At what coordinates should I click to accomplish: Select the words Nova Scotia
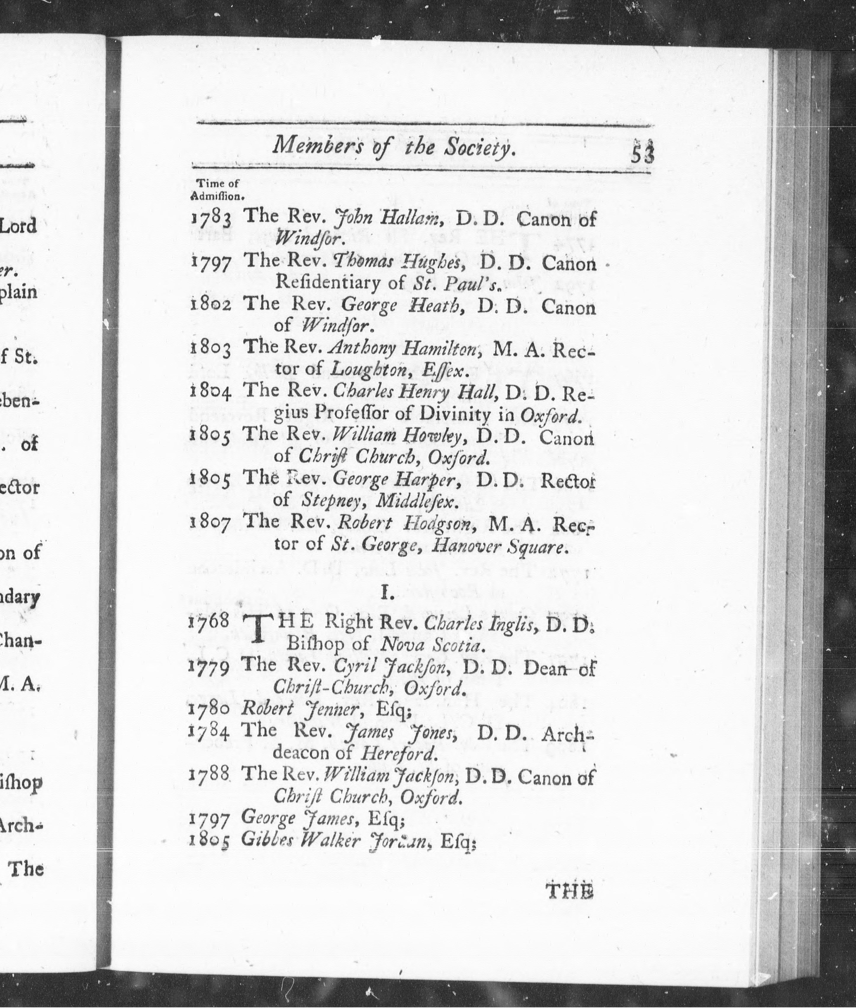pyautogui.click(x=431, y=645)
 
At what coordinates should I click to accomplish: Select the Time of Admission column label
pyautogui.click(x=217, y=190)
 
